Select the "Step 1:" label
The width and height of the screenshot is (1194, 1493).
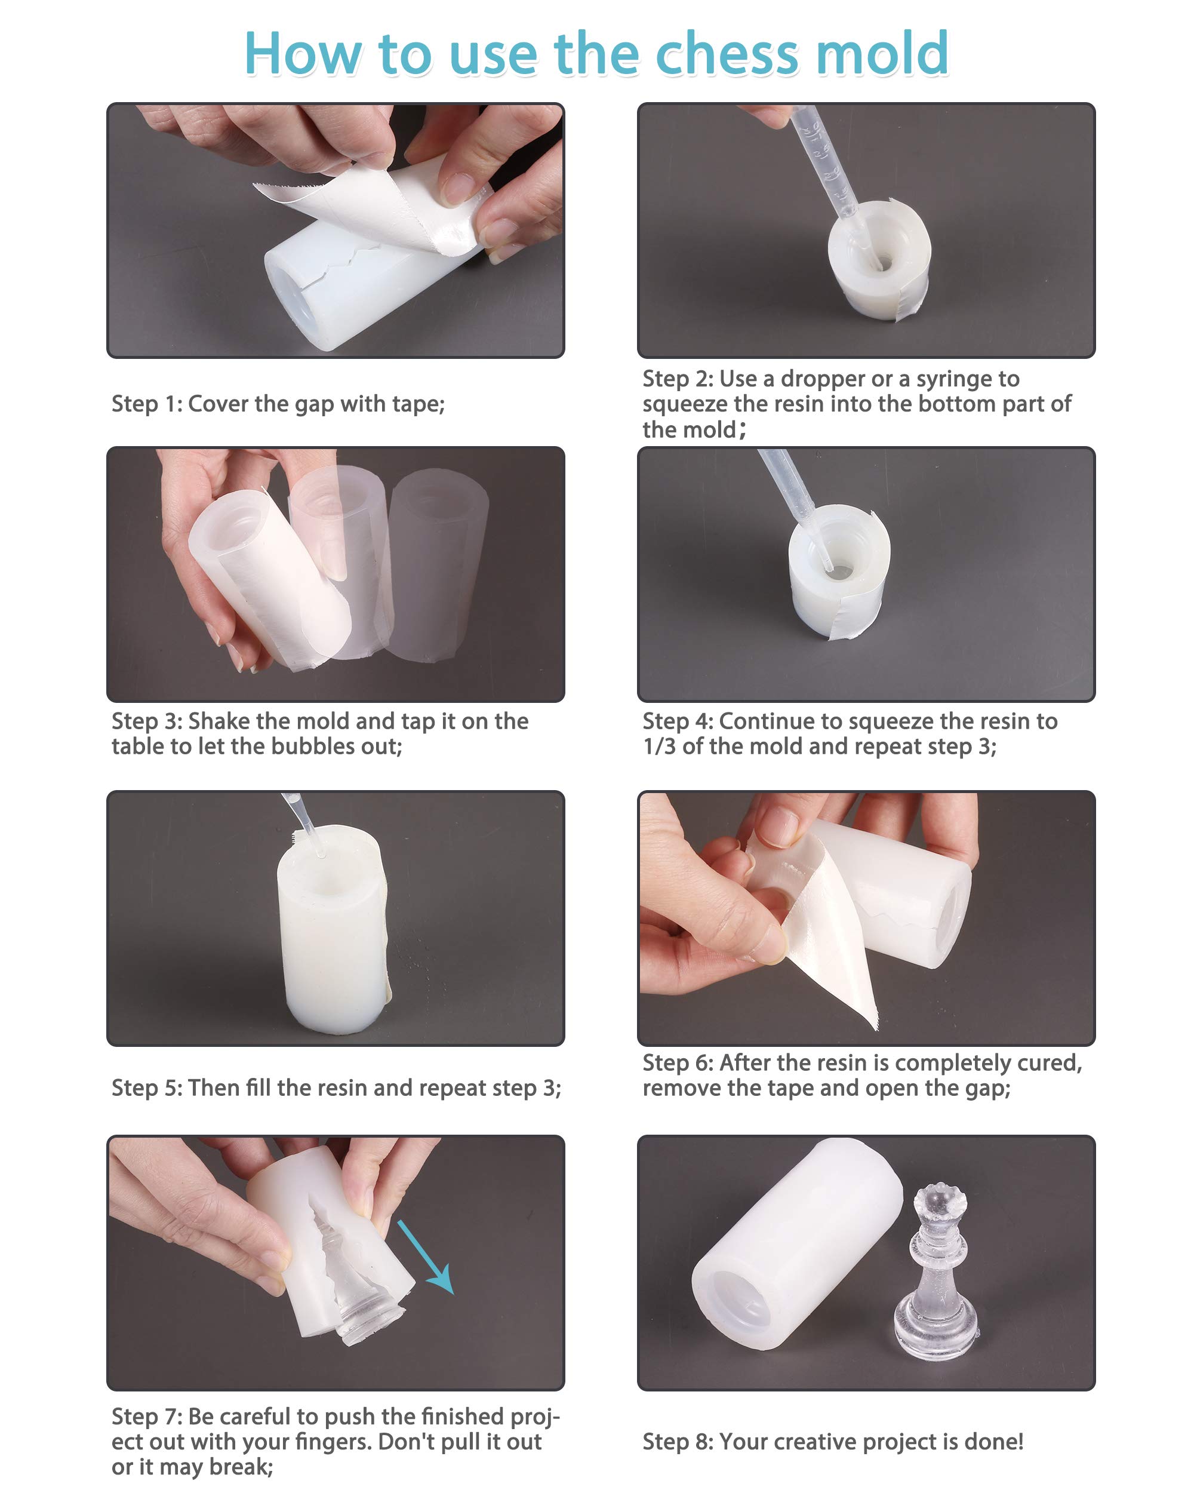pos(147,404)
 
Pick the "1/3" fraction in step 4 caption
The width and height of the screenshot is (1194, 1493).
pos(659,746)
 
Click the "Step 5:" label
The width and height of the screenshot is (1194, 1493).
pos(147,1088)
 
